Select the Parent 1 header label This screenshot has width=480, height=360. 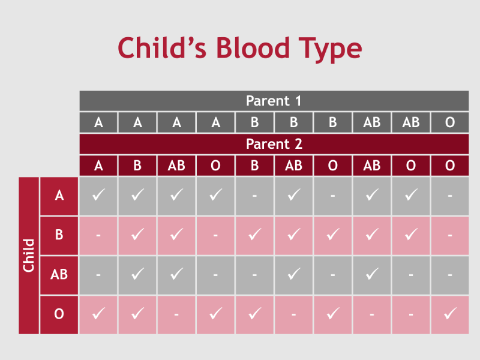click(x=274, y=101)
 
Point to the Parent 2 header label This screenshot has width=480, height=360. click(x=274, y=144)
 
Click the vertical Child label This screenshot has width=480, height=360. click(x=29, y=256)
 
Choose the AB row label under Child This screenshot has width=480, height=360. click(x=59, y=274)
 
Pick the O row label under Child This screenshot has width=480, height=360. click(x=59, y=313)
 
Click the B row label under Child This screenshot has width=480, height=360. click(x=59, y=235)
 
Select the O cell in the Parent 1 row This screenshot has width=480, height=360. click(x=450, y=122)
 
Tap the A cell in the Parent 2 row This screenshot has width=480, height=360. click(x=98, y=166)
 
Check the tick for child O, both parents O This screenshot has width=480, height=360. click(x=450, y=313)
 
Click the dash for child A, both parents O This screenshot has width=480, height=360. click(x=450, y=196)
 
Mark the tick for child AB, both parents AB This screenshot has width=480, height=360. click(x=372, y=274)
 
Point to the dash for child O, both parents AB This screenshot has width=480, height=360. click(x=372, y=313)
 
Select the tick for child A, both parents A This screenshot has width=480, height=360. click(x=98, y=196)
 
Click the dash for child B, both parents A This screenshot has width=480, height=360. click(x=98, y=235)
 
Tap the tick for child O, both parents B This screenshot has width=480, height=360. click(x=254, y=313)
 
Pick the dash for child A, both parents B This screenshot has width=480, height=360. click(x=254, y=196)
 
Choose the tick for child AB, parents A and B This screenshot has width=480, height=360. click(x=137, y=274)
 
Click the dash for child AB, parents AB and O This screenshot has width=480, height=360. click(x=411, y=274)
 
